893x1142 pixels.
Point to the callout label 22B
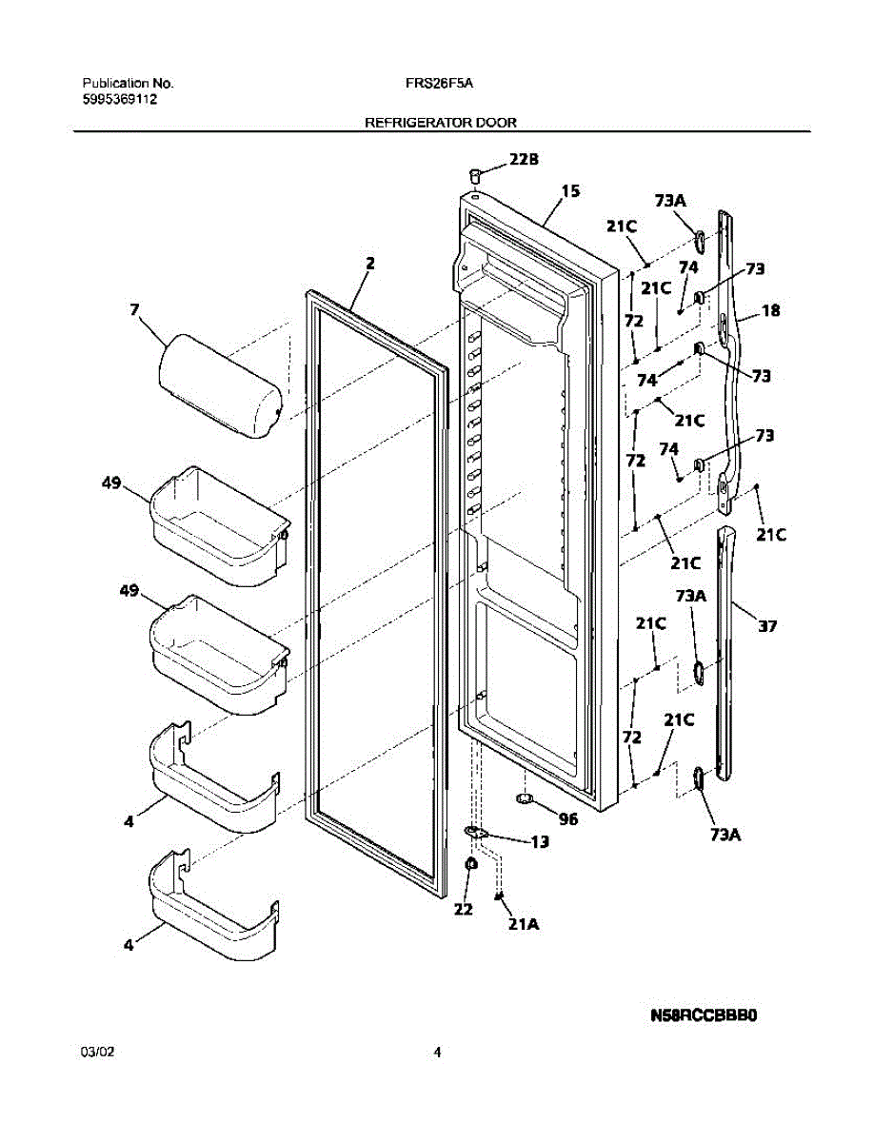[x=524, y=160]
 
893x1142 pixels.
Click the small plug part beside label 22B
[x=473, y=173]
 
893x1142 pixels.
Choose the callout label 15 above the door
[x=570, y=191]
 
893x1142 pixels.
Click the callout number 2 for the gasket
[x=369, y=264]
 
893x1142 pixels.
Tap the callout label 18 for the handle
[x=771, y=310]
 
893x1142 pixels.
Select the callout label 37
[x=767, y=626]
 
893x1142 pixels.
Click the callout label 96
[x=567, y=817]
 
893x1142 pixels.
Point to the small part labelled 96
[x=523, y=797]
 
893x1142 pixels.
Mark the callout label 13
[x=539, y=842]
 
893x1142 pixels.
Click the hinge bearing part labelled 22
[x=469, y=864]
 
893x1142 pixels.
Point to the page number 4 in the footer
[x=437, y=1053]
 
